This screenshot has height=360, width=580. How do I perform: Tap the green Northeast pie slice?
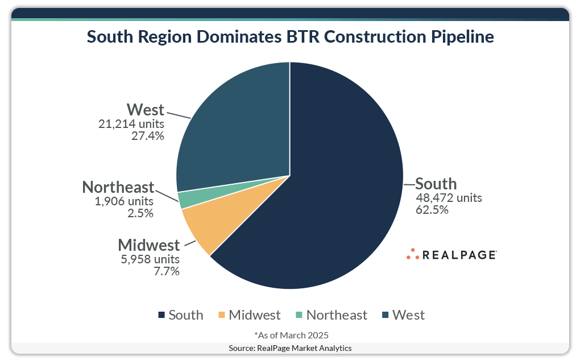pyautogui.click(x=184, y=200)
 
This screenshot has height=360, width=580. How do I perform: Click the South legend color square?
pyautogui.click(x=161, y=315)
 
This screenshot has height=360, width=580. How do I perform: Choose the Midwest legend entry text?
pyautogui.click(x=254, y=315)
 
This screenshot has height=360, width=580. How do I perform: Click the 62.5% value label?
pyautogui.click(x=433, y=210)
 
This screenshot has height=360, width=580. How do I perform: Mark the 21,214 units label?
pyautogui.click(x=131, y=124)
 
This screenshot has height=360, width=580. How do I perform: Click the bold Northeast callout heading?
pyautogui.click(x=118, y=187)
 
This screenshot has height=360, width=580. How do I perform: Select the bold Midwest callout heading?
pyautogui.click(x=149, y=246)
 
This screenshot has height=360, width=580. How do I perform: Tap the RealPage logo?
pyautogui.click(x=451, y=255)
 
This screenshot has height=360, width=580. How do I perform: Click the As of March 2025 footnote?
pyautogui.click(x=291, y=334)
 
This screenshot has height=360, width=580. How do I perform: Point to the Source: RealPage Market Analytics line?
pyautogui.click(x=290, y=347)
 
